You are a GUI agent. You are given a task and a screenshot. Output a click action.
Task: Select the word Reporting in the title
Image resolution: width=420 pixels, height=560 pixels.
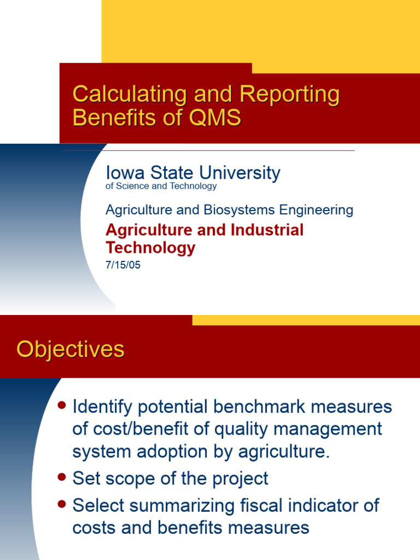289,95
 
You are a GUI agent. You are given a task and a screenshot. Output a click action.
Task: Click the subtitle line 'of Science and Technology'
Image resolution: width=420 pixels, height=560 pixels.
161,186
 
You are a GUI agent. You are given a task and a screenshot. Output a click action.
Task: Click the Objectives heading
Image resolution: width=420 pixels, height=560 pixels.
71,349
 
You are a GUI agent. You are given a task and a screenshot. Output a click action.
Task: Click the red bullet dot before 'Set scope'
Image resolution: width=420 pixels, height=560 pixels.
62,477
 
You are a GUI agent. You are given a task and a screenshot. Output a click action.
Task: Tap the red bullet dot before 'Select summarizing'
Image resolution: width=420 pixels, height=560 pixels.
62,503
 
